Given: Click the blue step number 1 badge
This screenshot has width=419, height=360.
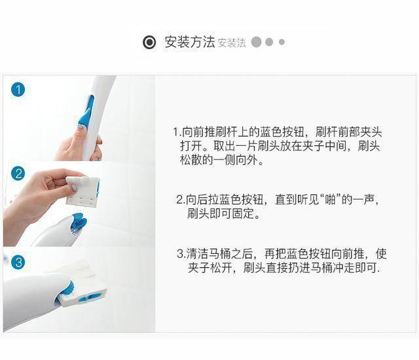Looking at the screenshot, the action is click(18, 90).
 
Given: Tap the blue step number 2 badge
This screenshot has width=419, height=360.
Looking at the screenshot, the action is click(18, 174).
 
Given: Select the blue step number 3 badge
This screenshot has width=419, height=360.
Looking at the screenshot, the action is click(18, 262).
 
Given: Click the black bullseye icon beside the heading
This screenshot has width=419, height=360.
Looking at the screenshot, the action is click(149, 42).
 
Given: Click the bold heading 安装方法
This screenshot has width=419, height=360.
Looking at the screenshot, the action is click(189, 42).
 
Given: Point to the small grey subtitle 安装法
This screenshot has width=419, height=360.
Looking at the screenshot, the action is click(232, 43).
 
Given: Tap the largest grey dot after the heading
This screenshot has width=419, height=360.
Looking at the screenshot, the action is click(256, 42).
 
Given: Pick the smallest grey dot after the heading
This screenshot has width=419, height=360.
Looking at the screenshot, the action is click(282, 42).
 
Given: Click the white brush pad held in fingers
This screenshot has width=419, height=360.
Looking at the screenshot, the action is click(82, 191).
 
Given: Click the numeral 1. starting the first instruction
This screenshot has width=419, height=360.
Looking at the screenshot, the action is click(177, 132).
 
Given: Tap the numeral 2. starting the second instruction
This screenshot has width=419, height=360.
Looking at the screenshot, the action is click(181, 200).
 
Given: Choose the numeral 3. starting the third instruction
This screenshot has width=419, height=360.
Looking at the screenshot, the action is click(181, 254).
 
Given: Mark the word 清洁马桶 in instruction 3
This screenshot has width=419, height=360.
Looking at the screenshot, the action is click(208, 254).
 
